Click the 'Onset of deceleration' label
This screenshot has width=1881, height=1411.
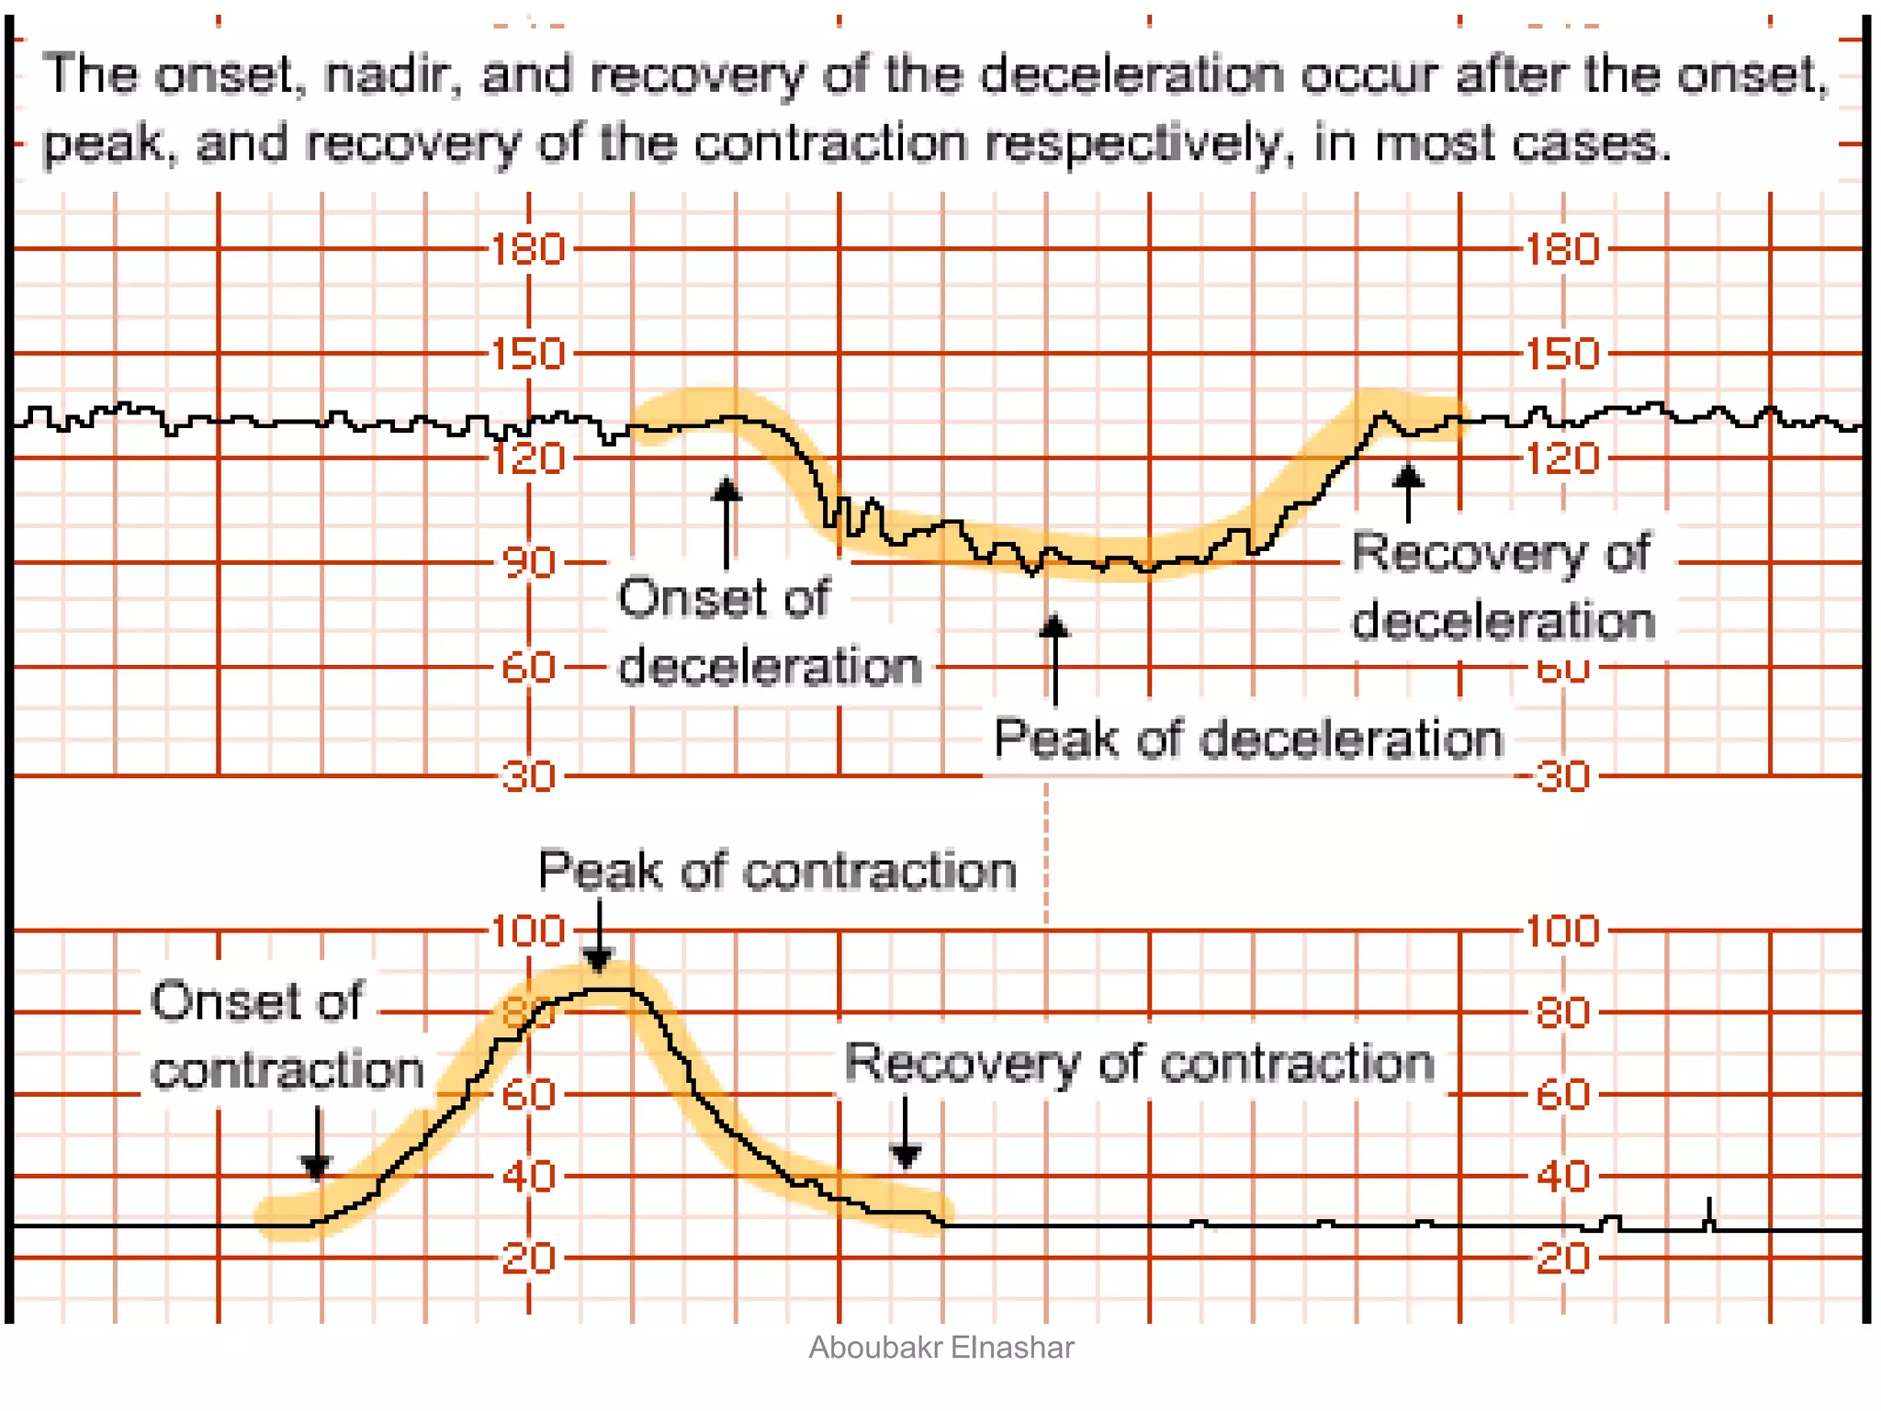(770, 632)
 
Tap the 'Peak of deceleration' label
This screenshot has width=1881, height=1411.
(1248, 739)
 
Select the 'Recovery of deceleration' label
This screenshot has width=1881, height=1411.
(1503, 587)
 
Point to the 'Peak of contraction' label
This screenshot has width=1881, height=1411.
(777, 871)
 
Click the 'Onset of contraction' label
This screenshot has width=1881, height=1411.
(286, 1035)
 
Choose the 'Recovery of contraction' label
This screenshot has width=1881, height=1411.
(1139, 1063)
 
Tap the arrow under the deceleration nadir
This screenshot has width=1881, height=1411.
(1054, 658)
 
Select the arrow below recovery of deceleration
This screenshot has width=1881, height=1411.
(1408, 491)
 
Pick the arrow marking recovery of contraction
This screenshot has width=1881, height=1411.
(906, 1133)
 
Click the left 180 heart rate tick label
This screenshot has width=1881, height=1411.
(527, 249)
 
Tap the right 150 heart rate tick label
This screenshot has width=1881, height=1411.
(1562, 354)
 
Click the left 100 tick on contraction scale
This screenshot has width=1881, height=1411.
(527, 931)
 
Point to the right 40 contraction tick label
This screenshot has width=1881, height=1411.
(1562, 1177)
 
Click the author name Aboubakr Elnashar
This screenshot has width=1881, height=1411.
(940, 1348)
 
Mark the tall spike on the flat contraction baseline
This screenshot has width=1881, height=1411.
(1709, 1213)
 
